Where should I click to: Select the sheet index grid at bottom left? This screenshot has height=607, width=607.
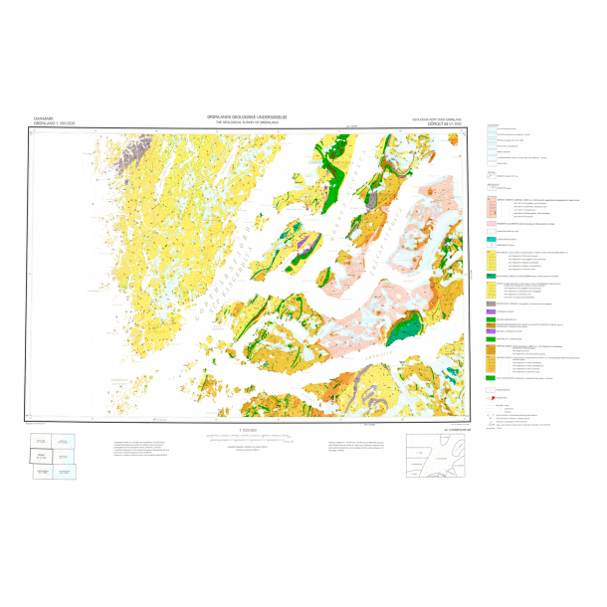pos(51,457)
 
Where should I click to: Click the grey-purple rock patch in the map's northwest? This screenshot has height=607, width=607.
pos(128,154)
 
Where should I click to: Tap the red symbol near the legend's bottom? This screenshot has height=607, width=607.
pos(492,396)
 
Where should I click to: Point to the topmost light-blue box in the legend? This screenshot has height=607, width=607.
pos(490,128)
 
